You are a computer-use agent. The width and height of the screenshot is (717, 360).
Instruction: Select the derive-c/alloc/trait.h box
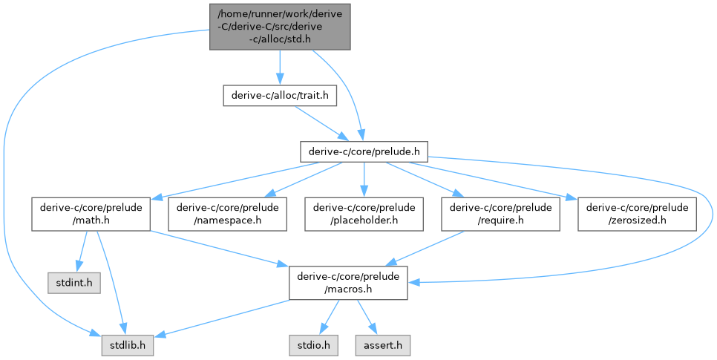[280, 95]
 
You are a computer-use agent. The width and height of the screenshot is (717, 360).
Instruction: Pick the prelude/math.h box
[91, 213]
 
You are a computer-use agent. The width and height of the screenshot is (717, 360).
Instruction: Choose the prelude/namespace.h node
[227, 213]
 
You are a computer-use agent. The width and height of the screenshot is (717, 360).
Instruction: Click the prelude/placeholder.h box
[364, 213]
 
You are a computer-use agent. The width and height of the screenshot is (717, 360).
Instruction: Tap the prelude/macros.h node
[348, 284]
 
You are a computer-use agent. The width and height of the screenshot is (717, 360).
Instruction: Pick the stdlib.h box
[127, 346]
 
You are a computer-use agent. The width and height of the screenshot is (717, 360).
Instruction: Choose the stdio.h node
[310, 346]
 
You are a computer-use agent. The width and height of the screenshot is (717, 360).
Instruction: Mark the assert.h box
[382, 346]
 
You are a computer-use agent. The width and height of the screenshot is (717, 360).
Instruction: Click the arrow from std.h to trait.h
[280, 67]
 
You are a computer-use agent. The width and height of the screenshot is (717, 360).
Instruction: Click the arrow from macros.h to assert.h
[365, 315]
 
